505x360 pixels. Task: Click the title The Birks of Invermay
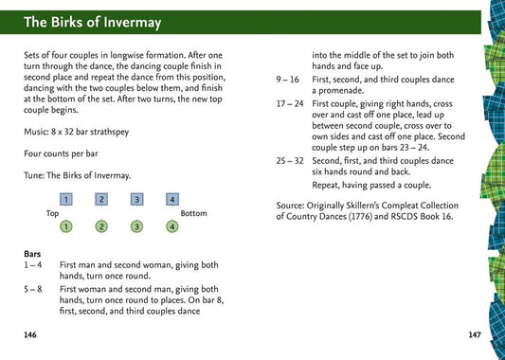[x=93, y=23]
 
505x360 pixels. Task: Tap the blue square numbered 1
[x=66, y=199]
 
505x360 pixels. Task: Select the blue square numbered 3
[x=136, y=199]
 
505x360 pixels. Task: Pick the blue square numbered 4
[x=172, y=199]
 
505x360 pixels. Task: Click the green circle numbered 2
[x=101, y=226]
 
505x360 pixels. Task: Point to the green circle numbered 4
[x=172, y=226]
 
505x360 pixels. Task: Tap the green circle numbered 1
[x=66, y=226]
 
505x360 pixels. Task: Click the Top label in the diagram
[x=52, y=213]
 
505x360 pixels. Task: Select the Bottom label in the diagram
[x=193, y=213]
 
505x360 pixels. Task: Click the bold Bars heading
[x=32, y=254]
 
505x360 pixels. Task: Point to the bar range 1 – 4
[x=33, y=265]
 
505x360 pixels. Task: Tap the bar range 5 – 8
[x=33, y=289]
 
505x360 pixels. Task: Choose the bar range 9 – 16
[x=288, y=80]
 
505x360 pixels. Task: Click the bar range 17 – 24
[x=290, y=104]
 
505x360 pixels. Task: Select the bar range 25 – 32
[x=290, y=161]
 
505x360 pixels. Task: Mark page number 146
[x=30, y=334]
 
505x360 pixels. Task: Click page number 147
[x=475, y=334]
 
